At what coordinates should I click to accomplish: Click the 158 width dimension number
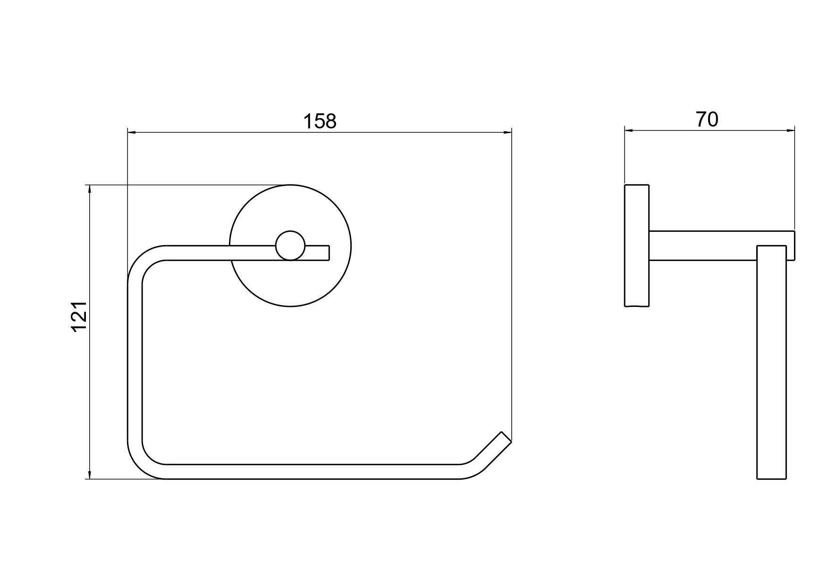click(x=320, y=121)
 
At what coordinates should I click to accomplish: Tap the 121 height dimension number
click(x=79, y=316)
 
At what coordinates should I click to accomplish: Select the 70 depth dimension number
click(x=707, y=119)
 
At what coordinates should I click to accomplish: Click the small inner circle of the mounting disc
click(x=290, y=246)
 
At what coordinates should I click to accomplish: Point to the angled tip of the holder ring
click(x=506, y=437)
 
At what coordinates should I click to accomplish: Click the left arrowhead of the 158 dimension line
click(x=132, y=133)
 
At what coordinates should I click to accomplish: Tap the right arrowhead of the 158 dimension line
click(x=507, y=133)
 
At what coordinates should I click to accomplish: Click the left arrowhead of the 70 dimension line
click(x=629, y=130)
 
